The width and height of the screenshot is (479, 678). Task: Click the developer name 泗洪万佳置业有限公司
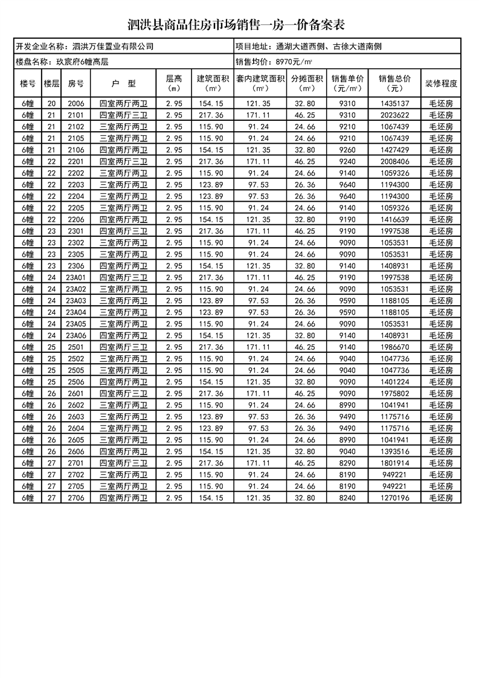(113, 46)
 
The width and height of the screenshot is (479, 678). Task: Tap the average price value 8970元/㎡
(294, 62)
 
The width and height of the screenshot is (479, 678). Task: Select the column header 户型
(124, 83)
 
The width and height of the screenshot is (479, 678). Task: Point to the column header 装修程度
(442, 83)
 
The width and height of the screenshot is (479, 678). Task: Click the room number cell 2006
(76, 104)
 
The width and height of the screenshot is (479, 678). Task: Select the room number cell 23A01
(76, 277)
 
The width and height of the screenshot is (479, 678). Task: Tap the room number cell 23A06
(76, 335)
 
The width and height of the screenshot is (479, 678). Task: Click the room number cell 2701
(76, 463)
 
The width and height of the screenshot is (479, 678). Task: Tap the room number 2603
(76, 416)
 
